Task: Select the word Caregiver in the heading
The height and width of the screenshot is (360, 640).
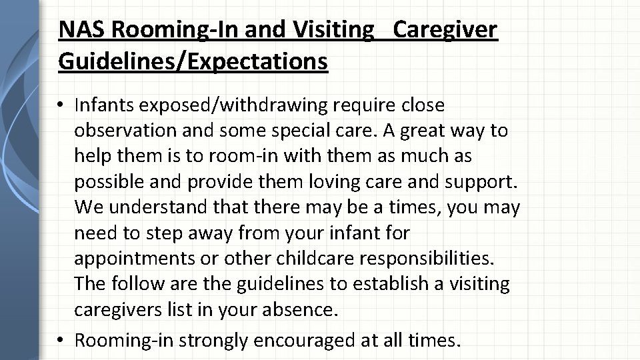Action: coord(445,29)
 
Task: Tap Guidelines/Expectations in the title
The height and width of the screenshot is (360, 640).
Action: coord(193,61)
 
